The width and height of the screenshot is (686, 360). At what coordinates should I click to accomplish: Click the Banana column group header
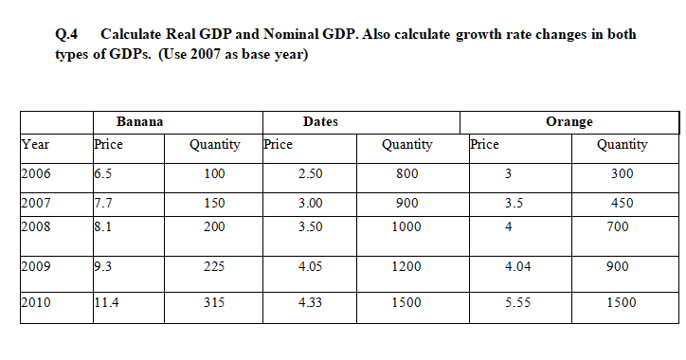(x=139, y=121)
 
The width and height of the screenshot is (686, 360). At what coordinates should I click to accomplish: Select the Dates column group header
(x=320, y=121)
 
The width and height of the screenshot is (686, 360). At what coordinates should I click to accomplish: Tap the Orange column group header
(x=569, y=121)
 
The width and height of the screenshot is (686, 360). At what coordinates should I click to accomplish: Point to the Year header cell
(x=35, y=145)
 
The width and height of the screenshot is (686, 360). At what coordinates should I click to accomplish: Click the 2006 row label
(x=36, y=174)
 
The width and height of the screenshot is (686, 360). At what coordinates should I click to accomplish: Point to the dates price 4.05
(x=311, y=267)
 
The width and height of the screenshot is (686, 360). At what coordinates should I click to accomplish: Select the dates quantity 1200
(x=406, y=267)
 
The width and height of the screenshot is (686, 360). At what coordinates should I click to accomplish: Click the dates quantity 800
(x=406, y=174)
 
